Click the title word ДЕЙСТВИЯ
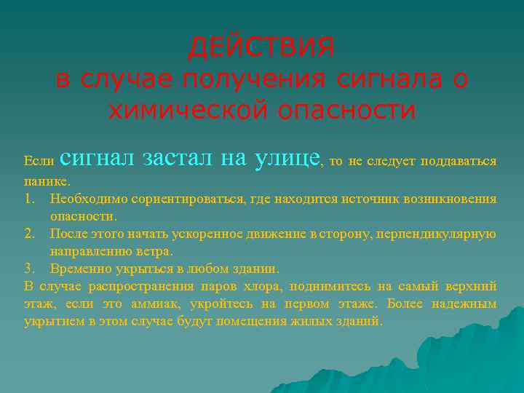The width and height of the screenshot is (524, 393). point(262,47)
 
